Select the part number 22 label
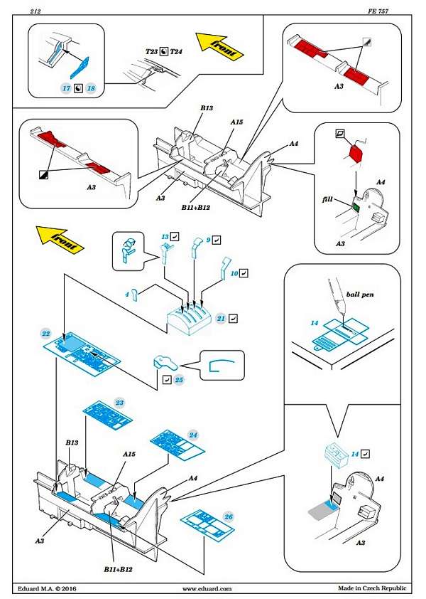coord(45,333)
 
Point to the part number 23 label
coord(119,403)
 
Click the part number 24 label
coord(193,434)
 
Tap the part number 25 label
coord(179,380)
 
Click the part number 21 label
coord(221,318)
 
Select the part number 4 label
coord(126,294)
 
